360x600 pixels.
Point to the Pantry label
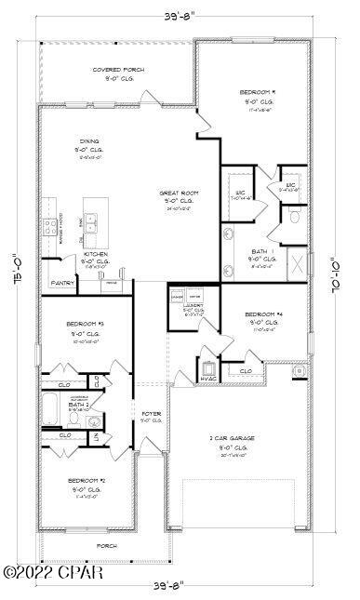(x=62, y=283)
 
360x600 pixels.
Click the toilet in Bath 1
(x=295, y=218)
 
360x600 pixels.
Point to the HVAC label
(x=207, y=378)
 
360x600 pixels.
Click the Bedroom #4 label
(x=267, y=314)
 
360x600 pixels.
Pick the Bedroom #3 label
(x=84, y=324)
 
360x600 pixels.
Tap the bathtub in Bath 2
(x=50, y=407)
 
